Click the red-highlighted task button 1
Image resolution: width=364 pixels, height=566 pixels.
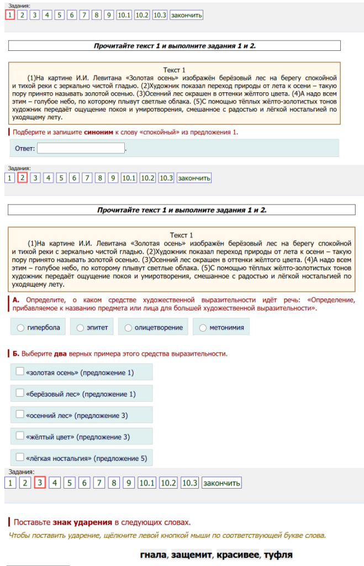pos(10,15)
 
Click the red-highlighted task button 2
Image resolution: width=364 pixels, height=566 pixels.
pos(23,177)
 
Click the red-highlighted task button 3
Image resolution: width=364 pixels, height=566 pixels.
pos(40,483)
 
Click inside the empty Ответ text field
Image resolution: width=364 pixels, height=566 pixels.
pos(81,148)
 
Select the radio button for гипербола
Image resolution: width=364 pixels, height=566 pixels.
pos(21,328)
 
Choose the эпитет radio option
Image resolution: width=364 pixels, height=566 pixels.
pos(81,328)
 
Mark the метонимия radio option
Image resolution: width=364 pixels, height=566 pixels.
pos(203,328)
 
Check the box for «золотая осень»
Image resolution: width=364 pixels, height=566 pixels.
pos(20,372)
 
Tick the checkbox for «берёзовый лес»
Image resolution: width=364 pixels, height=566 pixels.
pos(20,394)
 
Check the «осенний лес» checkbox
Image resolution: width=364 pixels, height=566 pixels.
pos(20,414)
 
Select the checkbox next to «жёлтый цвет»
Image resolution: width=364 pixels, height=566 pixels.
pos(20,436)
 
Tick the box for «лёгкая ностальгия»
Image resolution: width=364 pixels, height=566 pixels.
pos(20,458)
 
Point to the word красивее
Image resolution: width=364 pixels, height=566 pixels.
pos(237,554)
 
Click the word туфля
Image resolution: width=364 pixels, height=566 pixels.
pos(278,554)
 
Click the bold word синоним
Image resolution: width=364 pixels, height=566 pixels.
pos(99,133)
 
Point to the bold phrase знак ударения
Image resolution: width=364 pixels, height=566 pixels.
pos(83,522)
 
